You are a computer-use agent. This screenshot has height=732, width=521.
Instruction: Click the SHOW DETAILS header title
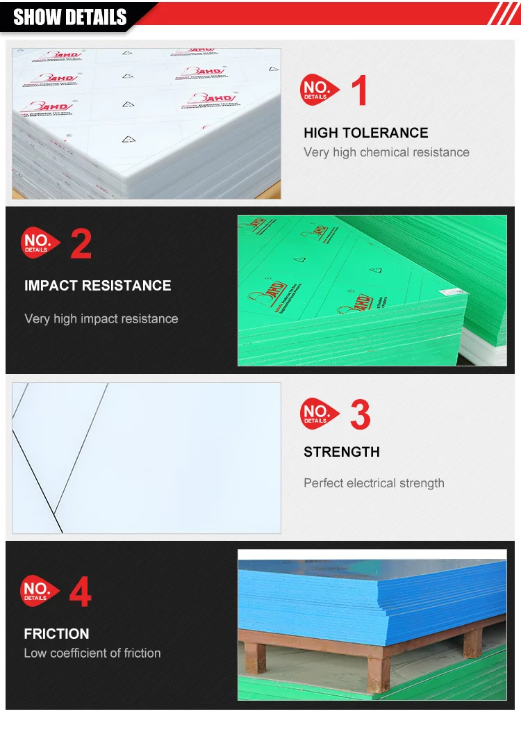point(70,17)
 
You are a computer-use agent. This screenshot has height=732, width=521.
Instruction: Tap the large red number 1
point(359,91)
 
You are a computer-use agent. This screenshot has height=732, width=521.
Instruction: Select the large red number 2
point(81,244)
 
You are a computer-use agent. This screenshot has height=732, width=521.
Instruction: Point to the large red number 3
point(360,415)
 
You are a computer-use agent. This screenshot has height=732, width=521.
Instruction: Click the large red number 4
point(80,593)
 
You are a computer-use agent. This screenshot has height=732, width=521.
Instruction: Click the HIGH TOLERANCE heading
point(365,133)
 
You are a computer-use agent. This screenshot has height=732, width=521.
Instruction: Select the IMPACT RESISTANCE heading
point(97,286)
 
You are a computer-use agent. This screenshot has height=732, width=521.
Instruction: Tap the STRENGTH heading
point(341,452)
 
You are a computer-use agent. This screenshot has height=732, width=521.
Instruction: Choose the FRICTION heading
point(56,634)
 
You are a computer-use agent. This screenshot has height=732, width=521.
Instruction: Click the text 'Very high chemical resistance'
point(386,152)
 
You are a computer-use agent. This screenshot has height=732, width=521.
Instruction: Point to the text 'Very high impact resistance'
point(101,319)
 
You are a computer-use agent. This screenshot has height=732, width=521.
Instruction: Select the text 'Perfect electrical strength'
point(374,483)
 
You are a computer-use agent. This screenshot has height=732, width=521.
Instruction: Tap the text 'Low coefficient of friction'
point(92,653)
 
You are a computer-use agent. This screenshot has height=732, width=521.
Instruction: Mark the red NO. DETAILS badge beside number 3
point(318,414)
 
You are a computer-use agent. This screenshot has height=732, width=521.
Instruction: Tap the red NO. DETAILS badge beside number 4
point(39,592)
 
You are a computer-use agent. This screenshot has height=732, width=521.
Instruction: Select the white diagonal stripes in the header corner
point(504,13)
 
